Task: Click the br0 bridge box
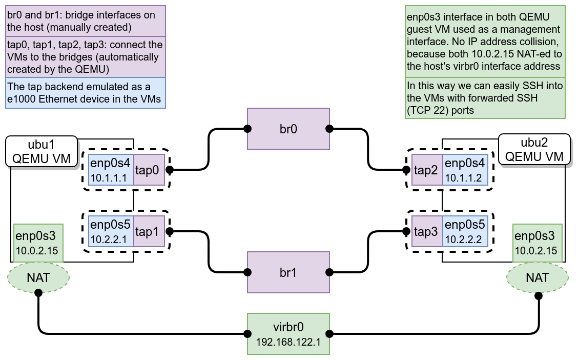coord(288,129)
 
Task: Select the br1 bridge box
coord(288,272)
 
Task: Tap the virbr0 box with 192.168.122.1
coord(288,334)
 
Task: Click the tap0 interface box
coord(149,170)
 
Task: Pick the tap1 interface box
coord(149,231)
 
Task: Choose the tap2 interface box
coord(427,170)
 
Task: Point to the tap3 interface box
coord(427,231)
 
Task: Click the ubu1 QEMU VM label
coord(42,151)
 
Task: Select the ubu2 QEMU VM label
coord(534,149)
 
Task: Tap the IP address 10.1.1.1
coord(109,178)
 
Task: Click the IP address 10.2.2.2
coord(463,240)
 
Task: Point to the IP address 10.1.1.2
coord(463,178)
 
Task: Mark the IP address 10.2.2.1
coord(109,240)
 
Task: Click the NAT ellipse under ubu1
coord(38,277)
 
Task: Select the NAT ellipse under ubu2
coord(538,277)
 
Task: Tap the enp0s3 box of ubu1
coord(38,243)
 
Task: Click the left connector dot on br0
coord(247,129)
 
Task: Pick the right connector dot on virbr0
coord(329,334)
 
